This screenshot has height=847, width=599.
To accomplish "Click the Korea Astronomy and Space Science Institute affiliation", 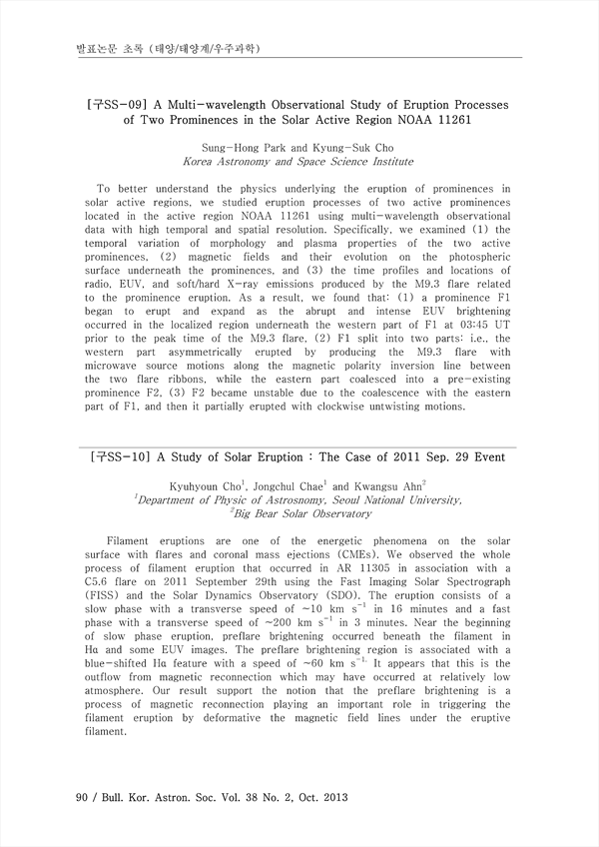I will click(299, 161).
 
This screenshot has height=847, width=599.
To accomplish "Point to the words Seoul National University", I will click(391, 499).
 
